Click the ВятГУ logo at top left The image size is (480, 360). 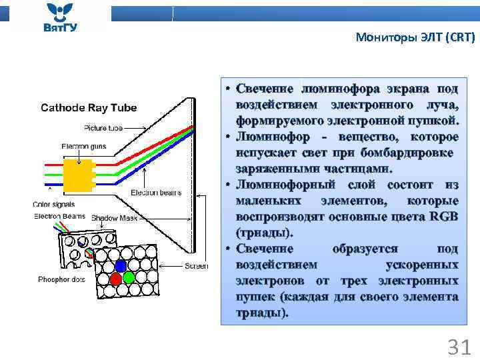[59, 17]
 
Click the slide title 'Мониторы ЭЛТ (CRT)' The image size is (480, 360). [415, 37]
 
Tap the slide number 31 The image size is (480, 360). [459, 347]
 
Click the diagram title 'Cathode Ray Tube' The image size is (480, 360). [89, 107]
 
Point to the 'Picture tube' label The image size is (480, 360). [103, 128]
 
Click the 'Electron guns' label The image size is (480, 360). [79, 146]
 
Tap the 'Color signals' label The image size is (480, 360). [54, 205]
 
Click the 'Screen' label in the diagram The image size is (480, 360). [197, 266]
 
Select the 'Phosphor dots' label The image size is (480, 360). [61, 279]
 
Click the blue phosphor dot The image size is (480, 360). [121, 265]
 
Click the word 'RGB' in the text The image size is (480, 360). [443, 217]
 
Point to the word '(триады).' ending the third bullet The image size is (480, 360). [264, 233]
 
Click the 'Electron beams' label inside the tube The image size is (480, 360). [155, 193]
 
